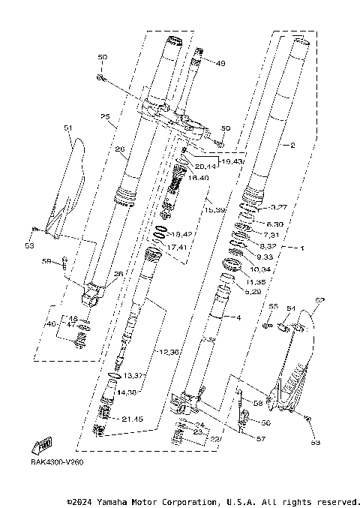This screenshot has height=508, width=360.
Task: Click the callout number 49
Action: pos(220,64)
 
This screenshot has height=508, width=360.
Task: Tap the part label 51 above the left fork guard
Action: pos(67,128)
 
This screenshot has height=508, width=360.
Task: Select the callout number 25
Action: pos(104,116)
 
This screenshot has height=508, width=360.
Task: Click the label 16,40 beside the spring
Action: pos(199,178)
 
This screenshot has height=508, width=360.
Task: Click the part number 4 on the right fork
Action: pos(238,318)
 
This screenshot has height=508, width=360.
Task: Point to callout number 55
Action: pos(273,307)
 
